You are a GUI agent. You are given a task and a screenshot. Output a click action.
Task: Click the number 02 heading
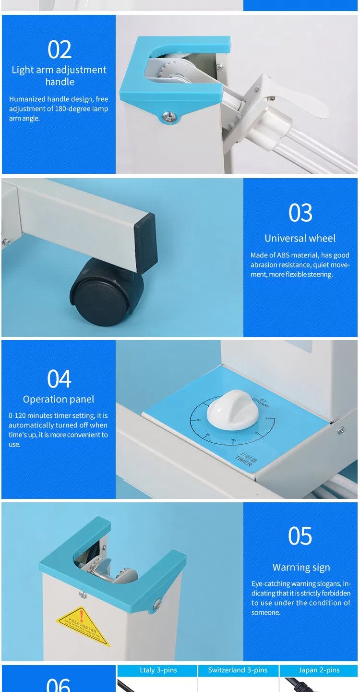pyautogui.click(x=60, y=49)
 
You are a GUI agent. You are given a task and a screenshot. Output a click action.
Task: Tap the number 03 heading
pyautogui.click(x=300, y=213)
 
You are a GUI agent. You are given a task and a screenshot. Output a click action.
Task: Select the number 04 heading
pyautogui.click(x=59, y=379)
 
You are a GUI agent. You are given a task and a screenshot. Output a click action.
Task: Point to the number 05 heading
pyautogui.click(x=300, y=536)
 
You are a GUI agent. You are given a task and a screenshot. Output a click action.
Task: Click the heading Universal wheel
pyautogui.click(x=300, y=238)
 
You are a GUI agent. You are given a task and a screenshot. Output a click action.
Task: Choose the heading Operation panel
pyautogui.click(x=59, y=400)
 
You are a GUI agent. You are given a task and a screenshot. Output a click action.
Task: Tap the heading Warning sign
pyautogui.click(x=301, y=568)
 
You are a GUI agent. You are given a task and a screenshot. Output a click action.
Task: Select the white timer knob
pyautogui.click(x=229, y=412)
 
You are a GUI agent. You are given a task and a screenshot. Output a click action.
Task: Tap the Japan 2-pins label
pyautogui.click(x=319, y=670)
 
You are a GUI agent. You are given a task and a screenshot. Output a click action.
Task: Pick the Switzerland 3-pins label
pyautogui.click(x=238, y=670)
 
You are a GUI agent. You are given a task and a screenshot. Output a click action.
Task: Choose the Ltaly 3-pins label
pyautogui.click(x=158, y=670)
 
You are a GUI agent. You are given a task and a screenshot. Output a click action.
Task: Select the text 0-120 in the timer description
pyautogui.click(x=17, y=416)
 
